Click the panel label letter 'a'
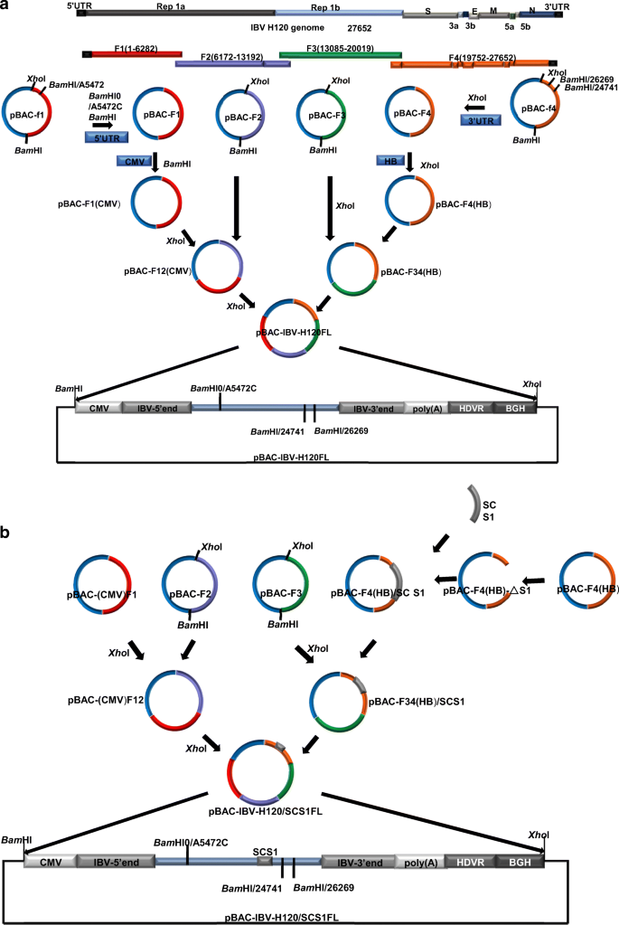(x=6, y=6)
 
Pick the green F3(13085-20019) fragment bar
(x=333, y=56)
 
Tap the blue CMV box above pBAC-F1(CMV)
(x=133, y=160)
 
